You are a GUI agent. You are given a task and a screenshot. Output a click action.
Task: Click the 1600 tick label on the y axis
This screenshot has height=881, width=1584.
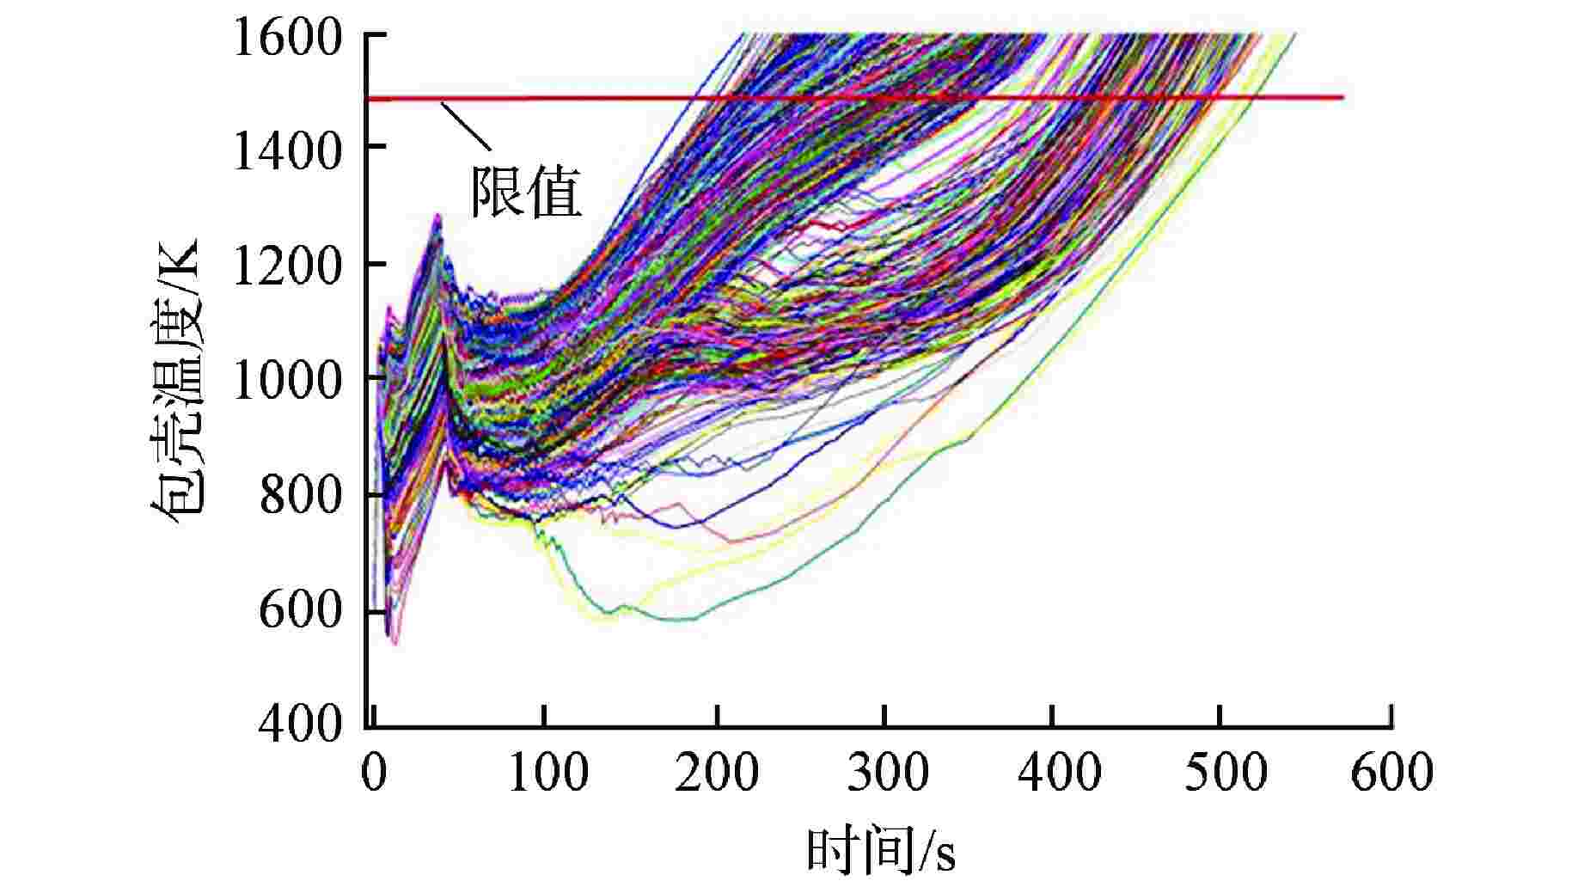pos(288,38)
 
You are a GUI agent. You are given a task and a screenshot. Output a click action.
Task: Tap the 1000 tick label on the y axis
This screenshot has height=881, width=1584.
pos(288,380)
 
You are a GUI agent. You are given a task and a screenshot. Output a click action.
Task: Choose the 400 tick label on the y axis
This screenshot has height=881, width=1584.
pos(301,725)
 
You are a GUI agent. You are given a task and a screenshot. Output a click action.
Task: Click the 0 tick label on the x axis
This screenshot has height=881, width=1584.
pos(373,771)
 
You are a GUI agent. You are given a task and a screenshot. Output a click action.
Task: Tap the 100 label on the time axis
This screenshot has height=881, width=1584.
pos(547,771)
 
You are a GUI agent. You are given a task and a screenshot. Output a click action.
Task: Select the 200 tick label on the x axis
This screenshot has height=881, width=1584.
pos(716,771)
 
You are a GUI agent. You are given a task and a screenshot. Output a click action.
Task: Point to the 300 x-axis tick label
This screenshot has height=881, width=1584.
pos(887,771)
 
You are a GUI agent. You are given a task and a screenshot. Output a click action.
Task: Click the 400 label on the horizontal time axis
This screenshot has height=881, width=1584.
pos(1057,771)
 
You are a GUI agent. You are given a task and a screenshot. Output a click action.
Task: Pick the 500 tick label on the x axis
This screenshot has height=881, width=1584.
pos(1225,771)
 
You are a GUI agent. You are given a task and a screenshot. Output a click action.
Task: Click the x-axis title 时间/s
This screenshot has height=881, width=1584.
pos(880,851)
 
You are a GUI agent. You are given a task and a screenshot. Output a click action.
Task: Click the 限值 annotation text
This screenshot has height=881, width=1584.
pos(526,192)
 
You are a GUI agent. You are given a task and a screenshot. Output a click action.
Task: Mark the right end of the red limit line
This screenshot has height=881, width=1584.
pos(1342,97)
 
